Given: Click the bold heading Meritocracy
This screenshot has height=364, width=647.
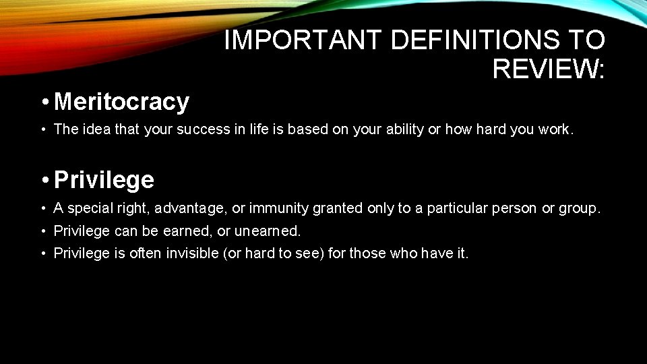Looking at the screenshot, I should point(121,102).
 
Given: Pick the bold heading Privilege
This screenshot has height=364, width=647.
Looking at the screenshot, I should point(104,180).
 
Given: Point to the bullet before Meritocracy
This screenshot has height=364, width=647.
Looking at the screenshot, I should point(44,102).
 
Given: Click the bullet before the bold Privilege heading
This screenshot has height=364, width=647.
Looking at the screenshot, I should point(44,180).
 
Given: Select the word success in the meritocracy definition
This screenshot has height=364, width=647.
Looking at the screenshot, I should point(204,129).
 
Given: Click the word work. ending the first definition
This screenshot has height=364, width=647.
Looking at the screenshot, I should point(556,129).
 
